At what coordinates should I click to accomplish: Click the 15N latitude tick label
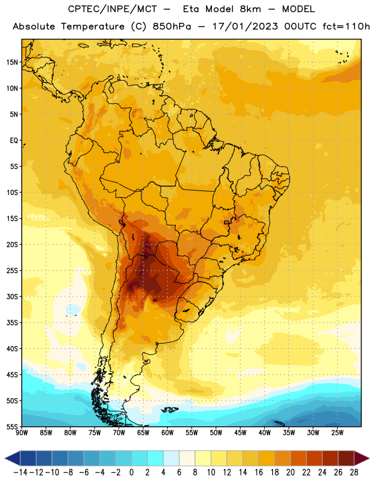click(x=12, y=62)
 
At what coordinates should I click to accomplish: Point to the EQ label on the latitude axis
click(x=14, y=141)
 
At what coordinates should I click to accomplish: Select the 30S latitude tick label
click(x=12, y=296)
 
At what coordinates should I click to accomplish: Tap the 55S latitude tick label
click(x=12, y=427)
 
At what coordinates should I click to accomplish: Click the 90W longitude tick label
click(x=22, y=432)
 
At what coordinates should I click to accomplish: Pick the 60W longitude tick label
click(x=168, y=432)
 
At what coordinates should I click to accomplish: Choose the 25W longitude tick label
click(x=337, y=432)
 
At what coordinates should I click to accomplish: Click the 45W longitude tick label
click(x=240, y=432)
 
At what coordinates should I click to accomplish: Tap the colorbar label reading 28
click(x=354, y=472)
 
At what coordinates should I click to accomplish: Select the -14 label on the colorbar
click(x=20, y=472)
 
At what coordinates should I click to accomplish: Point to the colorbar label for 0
click(x=131, y=472)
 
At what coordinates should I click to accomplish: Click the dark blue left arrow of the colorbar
click(x=13, y=458)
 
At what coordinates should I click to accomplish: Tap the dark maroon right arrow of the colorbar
click(x=362, y=458)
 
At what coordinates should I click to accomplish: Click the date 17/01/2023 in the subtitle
click(x=245, y=26)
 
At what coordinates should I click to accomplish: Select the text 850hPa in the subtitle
click(x=172, y=26)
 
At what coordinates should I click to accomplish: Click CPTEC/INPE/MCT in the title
click(x=113, y=9)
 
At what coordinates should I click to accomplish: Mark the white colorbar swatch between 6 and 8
click(x=187, y=458)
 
